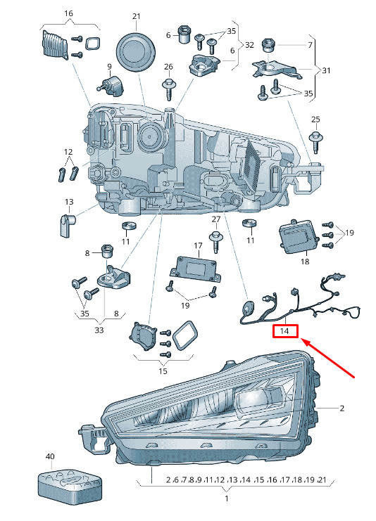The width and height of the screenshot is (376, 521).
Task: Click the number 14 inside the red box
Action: point(284,331)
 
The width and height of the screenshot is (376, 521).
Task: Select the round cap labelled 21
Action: point(136,51)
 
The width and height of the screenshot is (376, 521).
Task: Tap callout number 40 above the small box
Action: point(50,456)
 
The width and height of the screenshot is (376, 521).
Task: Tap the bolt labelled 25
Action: point(315,142)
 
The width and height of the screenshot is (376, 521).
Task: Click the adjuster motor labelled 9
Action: point(111,86)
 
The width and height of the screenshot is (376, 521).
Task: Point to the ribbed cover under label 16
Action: point(55,45)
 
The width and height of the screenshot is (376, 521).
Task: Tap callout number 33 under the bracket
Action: point(99,330)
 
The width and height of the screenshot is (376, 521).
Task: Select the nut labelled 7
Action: point(268,46)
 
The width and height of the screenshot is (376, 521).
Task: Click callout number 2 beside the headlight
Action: point(341,408)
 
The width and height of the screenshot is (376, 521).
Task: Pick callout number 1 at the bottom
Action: point(227,499)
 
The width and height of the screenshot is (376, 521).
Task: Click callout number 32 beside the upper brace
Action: point(249,44)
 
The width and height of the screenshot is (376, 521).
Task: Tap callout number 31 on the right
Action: point(327,70)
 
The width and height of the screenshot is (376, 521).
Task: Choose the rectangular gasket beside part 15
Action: point(186,335)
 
